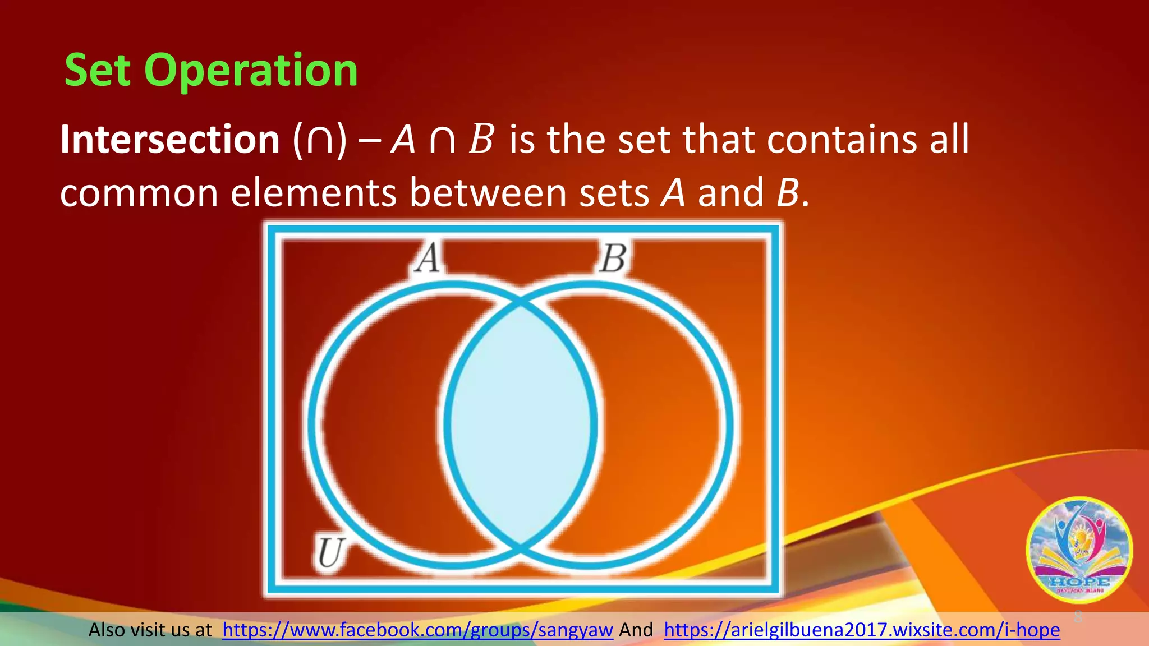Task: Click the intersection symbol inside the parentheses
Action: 319,140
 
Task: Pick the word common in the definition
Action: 139,193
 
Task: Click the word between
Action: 488,193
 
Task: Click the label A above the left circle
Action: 428,259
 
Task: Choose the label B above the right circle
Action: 612,259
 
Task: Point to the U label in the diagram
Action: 330,553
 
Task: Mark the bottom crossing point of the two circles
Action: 521,545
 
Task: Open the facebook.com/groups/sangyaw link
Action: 417,630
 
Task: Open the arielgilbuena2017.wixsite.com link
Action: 862,630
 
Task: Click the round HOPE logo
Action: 1079,550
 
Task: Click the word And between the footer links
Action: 636,630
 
